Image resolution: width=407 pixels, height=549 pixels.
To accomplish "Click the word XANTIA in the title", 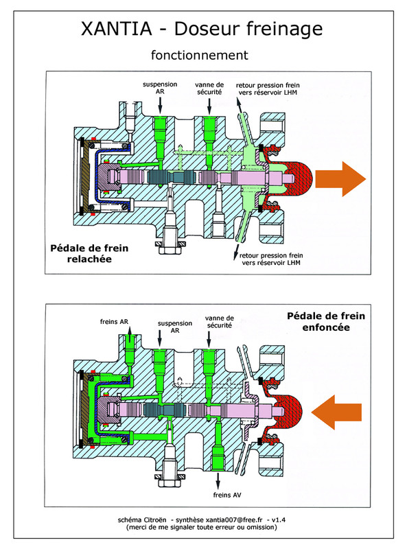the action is [117, 29].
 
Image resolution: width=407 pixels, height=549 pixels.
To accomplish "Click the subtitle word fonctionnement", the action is [200, 55].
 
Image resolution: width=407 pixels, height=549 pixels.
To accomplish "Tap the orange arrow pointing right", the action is [340, 179].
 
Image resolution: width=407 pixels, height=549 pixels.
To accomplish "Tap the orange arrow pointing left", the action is [336, 412].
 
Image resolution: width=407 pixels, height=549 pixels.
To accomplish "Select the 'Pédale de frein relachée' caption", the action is [89, 253].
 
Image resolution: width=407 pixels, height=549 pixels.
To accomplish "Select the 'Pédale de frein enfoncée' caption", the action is [326, 321].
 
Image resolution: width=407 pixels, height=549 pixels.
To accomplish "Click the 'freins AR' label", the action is [114, 321].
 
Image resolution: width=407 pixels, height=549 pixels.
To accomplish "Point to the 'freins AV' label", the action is [227, 495].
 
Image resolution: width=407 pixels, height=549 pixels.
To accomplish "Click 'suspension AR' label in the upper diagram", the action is [160, 88].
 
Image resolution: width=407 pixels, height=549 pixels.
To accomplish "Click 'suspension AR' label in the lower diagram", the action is [175, 327].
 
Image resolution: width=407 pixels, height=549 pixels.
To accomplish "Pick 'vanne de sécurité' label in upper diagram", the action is [209, 89].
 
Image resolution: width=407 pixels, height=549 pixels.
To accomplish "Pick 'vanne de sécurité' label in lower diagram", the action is [219, 322].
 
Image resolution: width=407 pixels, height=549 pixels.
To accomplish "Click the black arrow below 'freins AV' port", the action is [218, 481].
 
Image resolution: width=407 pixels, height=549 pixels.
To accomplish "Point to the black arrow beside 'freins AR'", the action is [129, 334].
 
